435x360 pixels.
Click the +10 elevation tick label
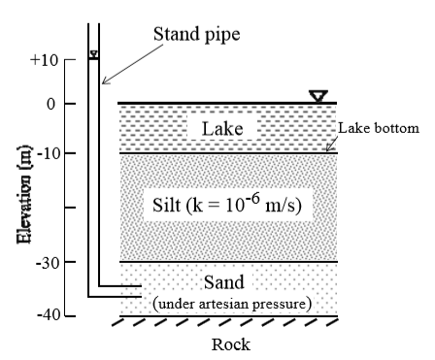tap(44, 60)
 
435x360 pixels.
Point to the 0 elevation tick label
tap(51, 104)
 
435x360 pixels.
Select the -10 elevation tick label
tap(49, 153)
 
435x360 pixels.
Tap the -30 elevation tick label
tap(48, 263)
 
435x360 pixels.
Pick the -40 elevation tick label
tap(49, 314)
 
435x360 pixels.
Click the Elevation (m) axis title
tap(24, 194)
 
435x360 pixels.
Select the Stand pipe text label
tap(197, 34)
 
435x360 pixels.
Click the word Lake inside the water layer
tap(222, 129)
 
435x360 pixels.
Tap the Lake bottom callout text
tap(379, 128)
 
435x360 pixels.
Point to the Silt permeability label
tap(227, 204)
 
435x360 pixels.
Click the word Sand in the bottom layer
tap(224, 282)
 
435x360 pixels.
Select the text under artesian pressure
tap(232, 304)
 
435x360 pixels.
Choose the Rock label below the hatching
tap(231, 344)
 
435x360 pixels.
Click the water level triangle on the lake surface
tap(318, 96)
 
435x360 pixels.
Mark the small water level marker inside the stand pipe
tap(94, 54)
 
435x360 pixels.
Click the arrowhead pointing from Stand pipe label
tap(105, 82)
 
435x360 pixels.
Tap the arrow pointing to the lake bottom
tap(332, 144)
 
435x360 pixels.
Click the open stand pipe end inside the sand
tap(142, 291)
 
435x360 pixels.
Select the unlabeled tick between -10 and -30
tap(70, 208)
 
